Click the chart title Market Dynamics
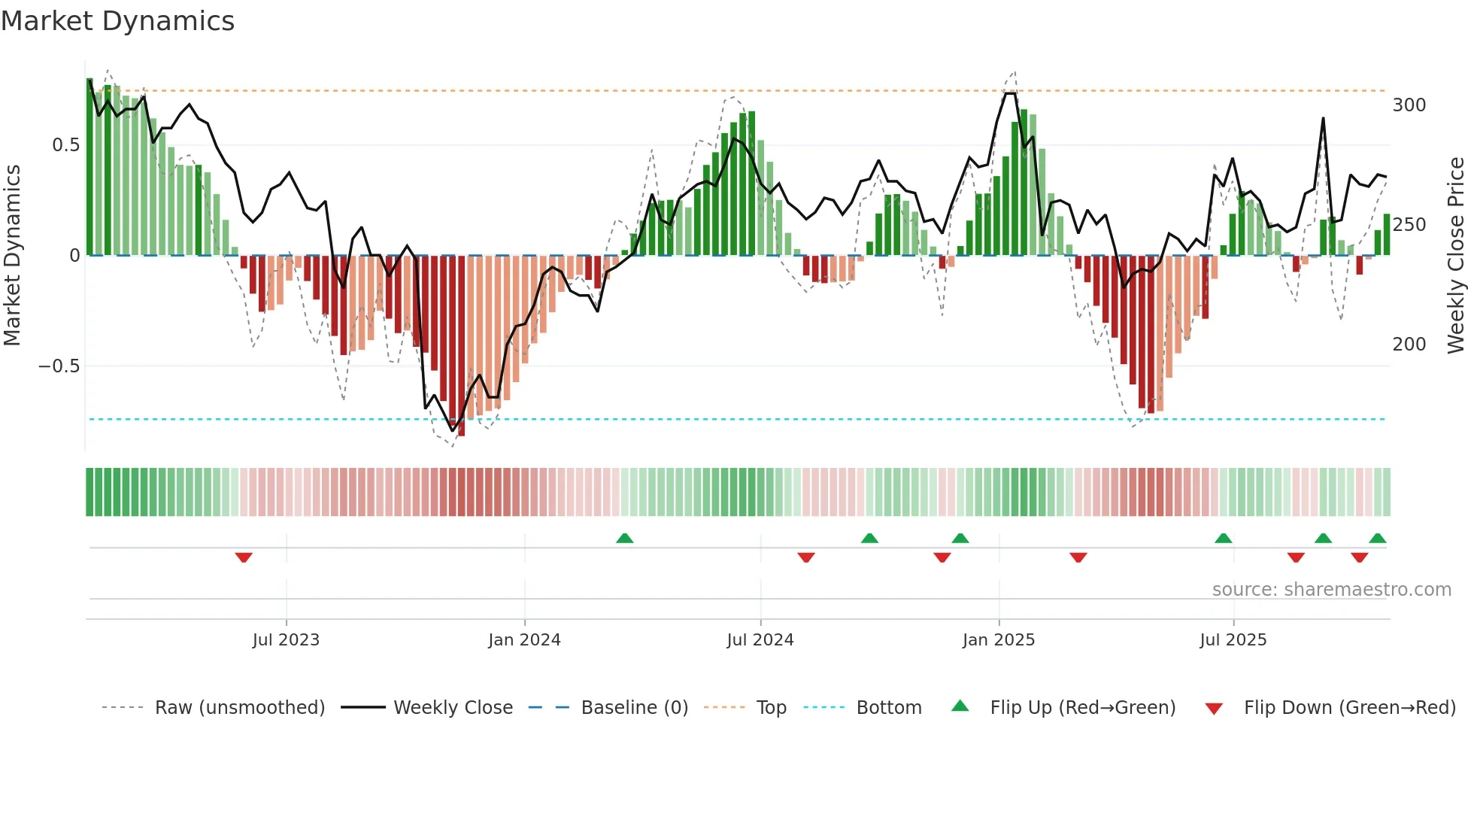117,21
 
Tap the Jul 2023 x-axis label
286,640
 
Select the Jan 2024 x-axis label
524,640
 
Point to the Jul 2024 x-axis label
760,640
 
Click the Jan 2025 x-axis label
999,640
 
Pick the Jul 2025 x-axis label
1233,640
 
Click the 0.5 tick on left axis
66,145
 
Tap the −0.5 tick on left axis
59,366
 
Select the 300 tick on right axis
1409,105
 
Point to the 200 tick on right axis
1409,345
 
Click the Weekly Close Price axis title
1457,256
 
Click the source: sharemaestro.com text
1331,590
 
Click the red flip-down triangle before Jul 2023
244,557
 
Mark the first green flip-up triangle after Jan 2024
624,538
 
